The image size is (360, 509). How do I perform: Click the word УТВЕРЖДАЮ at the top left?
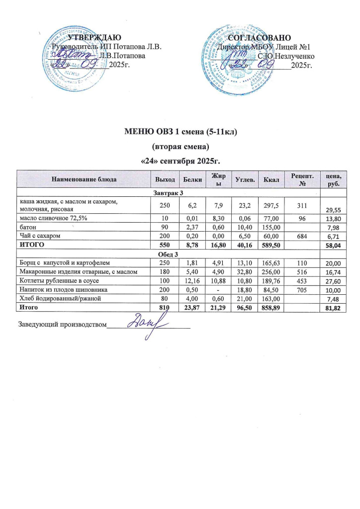(94, 38)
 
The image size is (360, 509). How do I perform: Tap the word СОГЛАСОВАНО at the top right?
(263, 38)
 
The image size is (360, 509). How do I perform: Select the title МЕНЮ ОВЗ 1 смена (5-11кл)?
(180, 132)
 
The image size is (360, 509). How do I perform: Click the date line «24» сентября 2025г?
(180, 161)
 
